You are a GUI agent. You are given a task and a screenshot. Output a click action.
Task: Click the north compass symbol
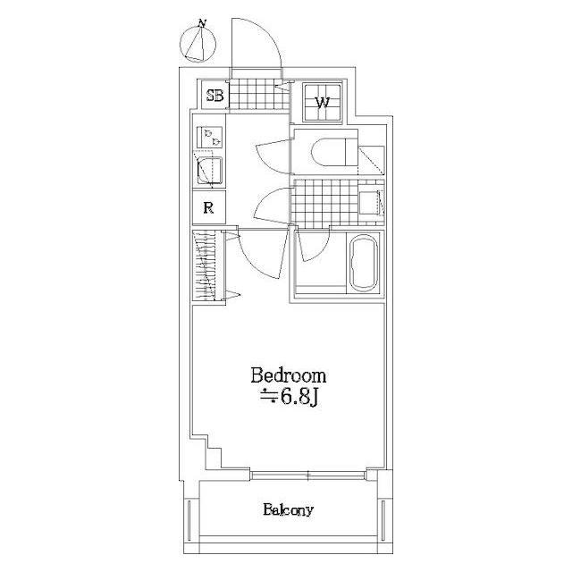(x=198, y=43)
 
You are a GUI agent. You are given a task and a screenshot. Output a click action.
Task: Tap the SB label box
(x=214, y=97)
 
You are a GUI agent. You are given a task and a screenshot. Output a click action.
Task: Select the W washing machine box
(x=323, y=100)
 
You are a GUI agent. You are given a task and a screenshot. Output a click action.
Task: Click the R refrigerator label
(x=207, y=208)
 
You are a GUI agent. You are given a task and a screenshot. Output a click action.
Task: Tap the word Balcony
(x=288, y=511)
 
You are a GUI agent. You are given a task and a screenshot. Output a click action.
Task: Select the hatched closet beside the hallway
(x=205, y=266)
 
